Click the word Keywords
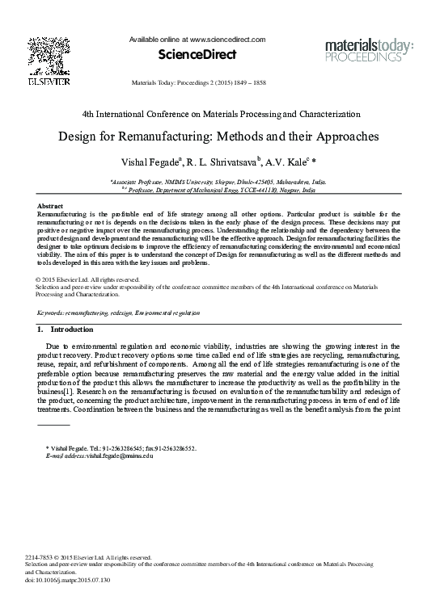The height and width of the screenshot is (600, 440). pos(52,312)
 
